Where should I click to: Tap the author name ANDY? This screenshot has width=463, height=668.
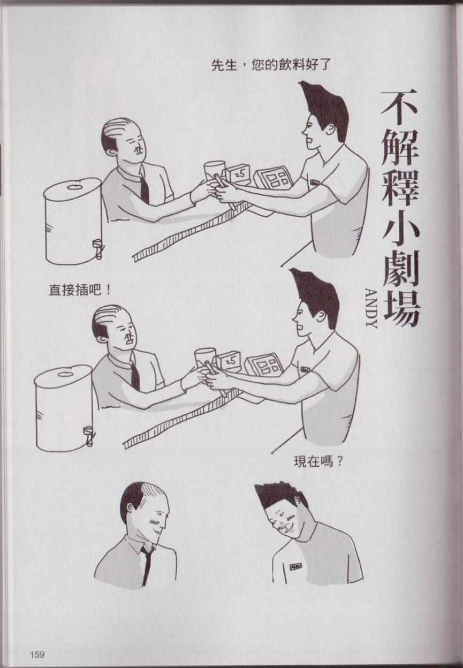(x=371, y=308)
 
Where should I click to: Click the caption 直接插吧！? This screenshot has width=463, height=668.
(x=80, y=290)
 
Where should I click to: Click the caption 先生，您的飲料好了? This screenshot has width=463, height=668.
(x=271, y=65)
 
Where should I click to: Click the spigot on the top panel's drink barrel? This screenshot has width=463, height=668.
(x=98, y=247)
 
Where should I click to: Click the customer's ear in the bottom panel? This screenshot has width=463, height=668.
(x=131, y=508)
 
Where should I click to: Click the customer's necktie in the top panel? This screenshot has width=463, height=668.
(x=145, y=187)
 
